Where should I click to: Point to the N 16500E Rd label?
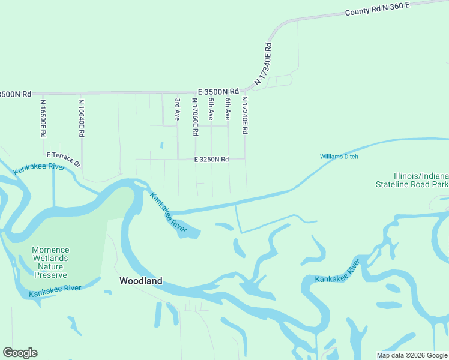[43, 119]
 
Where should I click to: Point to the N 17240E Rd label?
[245, 115]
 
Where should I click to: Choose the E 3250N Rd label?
[211, 160]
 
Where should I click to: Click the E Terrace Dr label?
[63, 159]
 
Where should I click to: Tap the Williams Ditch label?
[339, 157]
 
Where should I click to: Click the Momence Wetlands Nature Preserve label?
[50, 262]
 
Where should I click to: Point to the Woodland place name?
[141, 281]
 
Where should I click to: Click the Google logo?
[20, 353]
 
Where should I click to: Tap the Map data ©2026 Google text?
[411, 355]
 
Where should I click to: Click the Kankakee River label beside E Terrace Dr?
[39, 168]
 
